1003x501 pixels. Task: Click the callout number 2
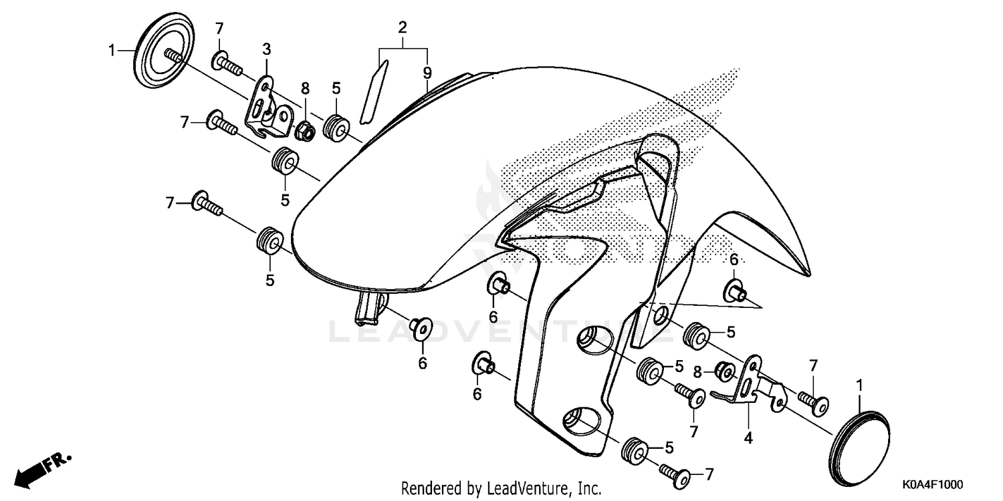point(403,28)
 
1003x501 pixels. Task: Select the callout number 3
point(266,49)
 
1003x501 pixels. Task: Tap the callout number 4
point(749,438)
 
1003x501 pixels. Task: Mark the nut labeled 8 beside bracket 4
point(723,369)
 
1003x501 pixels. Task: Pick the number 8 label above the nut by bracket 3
point(305,89)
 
